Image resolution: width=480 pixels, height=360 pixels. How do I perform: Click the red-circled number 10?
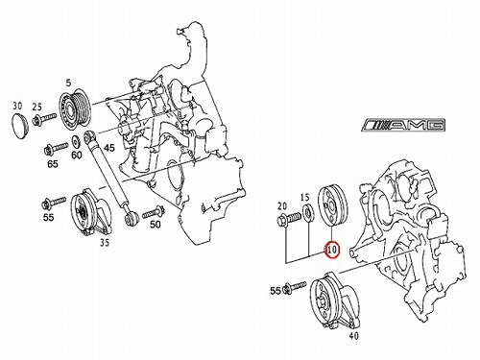(332, 250)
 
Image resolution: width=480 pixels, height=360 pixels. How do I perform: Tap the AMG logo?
(404, 125)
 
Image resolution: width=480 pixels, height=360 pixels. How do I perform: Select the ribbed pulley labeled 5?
(75, 108)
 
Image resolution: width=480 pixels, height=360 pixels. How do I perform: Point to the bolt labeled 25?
(44, 118)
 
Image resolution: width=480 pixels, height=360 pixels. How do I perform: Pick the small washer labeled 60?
(76, 141)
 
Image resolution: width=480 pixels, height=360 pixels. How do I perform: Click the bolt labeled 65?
(56, 148)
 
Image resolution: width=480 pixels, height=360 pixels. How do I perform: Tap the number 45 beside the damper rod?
(108, 148)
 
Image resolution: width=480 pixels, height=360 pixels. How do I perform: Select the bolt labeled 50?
(154, 211)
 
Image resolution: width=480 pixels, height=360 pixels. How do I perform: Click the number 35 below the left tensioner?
(105, 243)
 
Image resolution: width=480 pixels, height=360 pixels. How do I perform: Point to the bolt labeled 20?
(289, 220)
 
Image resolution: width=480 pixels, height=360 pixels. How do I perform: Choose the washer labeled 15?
(308, 213)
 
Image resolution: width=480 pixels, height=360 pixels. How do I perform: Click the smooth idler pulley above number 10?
(334, 205)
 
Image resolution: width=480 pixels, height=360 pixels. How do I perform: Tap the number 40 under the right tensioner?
(353, 336)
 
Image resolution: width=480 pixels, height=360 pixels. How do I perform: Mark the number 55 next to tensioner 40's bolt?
(276, 291)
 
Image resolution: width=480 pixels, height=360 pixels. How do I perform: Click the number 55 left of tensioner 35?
(48, 217)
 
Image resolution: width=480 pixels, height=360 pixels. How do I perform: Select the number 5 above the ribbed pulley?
(68, 84)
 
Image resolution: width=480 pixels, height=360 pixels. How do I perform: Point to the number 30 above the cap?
(17, 106)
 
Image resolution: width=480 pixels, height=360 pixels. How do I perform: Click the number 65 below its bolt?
(53, 164)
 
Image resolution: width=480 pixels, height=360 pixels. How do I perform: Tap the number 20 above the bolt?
(282, 206)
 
